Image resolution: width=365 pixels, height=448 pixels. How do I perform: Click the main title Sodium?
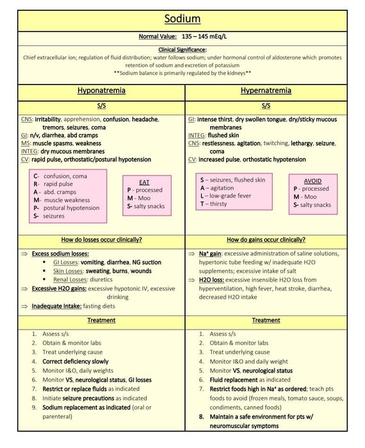pos(182,19)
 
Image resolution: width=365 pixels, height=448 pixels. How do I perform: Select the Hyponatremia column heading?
pos(101,90)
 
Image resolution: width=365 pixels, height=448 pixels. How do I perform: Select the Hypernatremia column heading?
pos(266,90)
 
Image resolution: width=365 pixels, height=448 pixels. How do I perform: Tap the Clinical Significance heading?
pos(182,49)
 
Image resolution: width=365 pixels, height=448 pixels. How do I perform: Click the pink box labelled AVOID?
pos(312,193)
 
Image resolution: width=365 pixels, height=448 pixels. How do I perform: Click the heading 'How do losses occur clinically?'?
pos(101,240)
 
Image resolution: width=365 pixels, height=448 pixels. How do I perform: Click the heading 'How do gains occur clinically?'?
pos(266,240)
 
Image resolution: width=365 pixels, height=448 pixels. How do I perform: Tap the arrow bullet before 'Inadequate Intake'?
pos(24,307)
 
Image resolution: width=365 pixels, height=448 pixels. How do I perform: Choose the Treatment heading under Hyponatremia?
pos(101,320)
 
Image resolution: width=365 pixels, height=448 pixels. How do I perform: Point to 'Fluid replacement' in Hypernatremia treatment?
pos(236,380)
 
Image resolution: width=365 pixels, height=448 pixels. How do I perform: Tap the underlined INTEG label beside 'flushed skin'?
pos(196,136)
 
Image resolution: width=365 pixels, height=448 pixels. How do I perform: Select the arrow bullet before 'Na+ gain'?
pos(191,254)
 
